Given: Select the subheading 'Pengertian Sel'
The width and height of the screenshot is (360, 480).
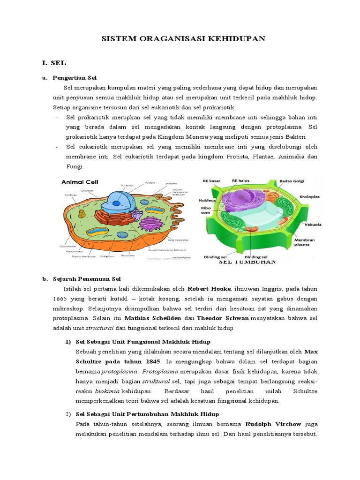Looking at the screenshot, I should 75,77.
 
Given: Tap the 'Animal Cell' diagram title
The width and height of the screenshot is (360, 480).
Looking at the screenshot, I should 81,182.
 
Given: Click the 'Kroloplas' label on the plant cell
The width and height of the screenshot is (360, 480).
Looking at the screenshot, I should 310,197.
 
